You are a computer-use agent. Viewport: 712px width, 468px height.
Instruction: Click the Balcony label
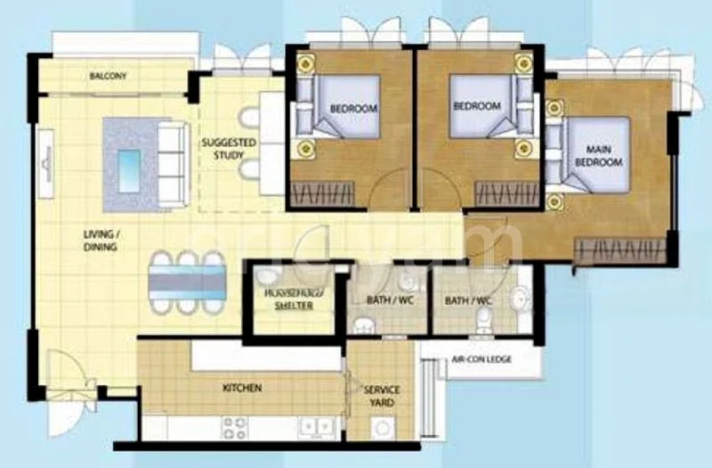point(109,77)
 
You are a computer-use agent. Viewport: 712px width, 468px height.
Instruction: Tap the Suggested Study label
point(229,148)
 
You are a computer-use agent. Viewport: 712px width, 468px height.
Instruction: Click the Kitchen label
point(241,389)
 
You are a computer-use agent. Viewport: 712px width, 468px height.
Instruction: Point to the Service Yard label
point(382,397)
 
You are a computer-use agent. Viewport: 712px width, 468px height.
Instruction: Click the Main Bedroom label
point(597,157)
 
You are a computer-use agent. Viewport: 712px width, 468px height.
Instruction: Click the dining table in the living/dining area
point(188,282)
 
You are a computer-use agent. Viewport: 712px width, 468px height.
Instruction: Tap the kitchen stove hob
point(234,429)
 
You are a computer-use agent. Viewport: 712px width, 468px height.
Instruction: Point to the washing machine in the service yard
point(384,429)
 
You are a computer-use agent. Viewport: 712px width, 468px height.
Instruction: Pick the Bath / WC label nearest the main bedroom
point(468,301)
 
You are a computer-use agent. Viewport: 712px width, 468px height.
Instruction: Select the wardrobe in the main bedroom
point(619,250)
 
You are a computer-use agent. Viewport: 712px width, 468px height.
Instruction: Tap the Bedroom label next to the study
point(353,109)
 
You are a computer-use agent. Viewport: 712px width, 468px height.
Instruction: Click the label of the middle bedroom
point(477,105)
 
